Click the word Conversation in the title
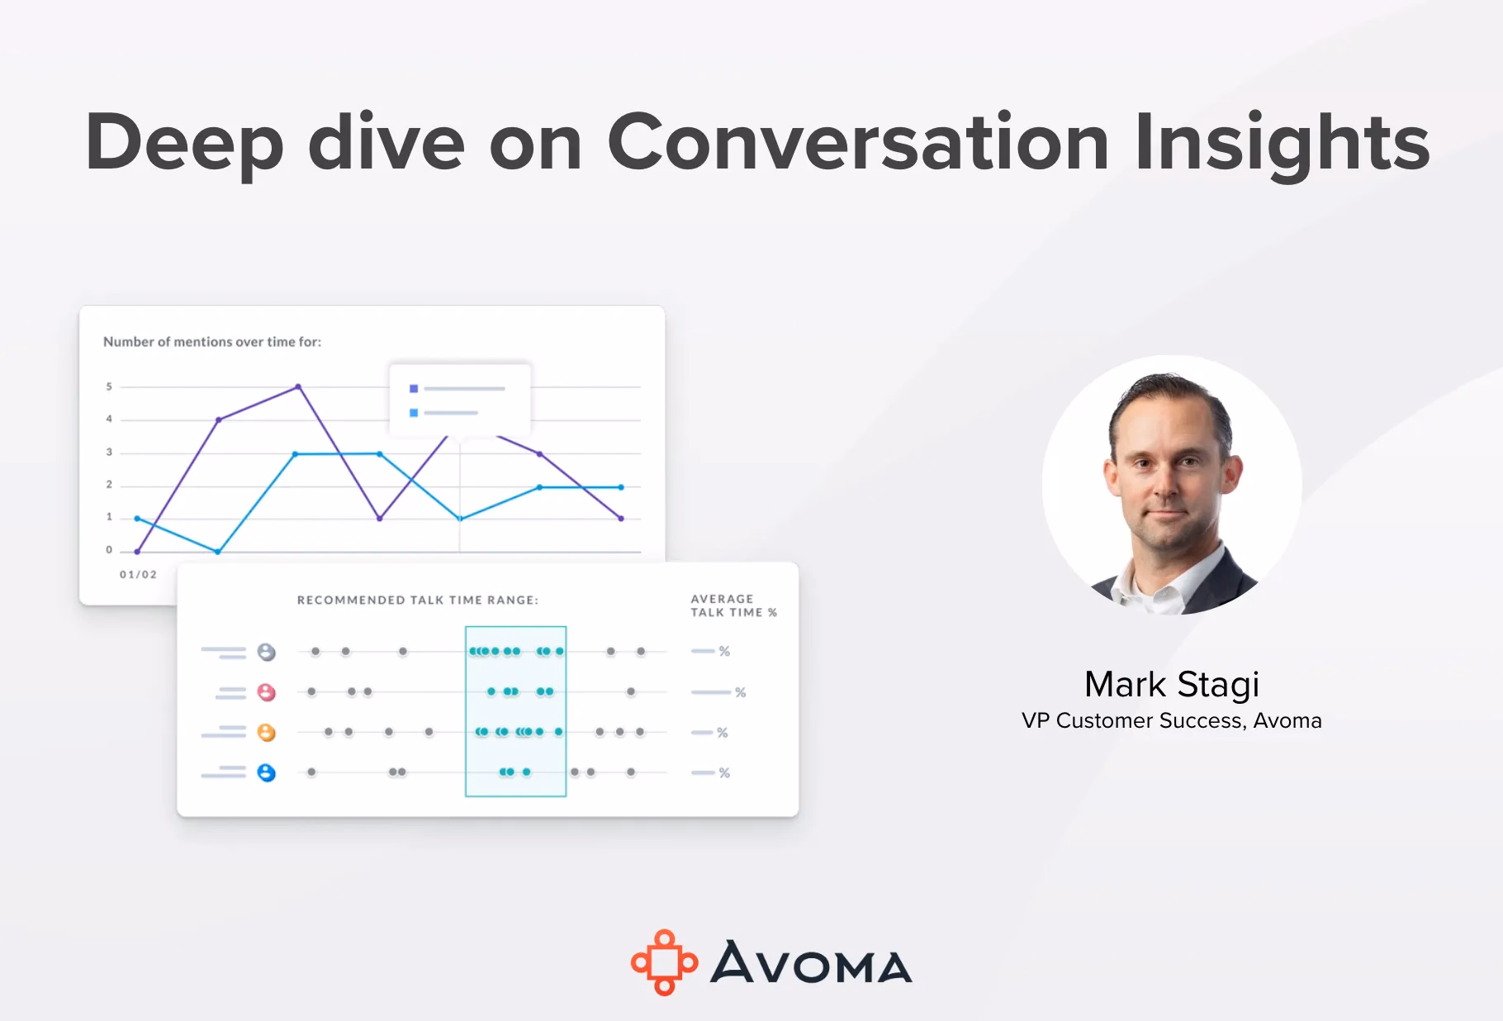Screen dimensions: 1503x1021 coord(858,141)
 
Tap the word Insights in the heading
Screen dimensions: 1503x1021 coord(1283,144)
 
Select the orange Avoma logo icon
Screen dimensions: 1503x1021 coord(664,962)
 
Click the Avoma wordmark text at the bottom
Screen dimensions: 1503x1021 coord(811,962)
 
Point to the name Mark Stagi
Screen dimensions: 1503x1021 coord(1172,685)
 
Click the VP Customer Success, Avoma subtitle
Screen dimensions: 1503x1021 coord(1172,720)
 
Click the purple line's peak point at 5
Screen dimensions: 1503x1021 coord(298,387)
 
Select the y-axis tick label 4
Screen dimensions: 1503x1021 coord(109,419)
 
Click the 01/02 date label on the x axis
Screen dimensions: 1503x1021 coord(138,574)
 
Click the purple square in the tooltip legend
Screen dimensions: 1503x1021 coord(414,388)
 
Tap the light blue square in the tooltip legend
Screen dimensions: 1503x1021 coord(414,412)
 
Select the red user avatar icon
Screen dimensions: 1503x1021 coord(266,692)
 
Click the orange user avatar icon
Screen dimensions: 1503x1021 coord(266,733)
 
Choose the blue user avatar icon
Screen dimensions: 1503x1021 coord(266,772)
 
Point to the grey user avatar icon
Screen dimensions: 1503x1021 coord(266,652)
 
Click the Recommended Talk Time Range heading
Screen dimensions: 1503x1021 coord(418,600)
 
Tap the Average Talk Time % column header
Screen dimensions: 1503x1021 coord(734,605)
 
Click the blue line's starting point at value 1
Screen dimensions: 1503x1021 coord(137,519)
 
